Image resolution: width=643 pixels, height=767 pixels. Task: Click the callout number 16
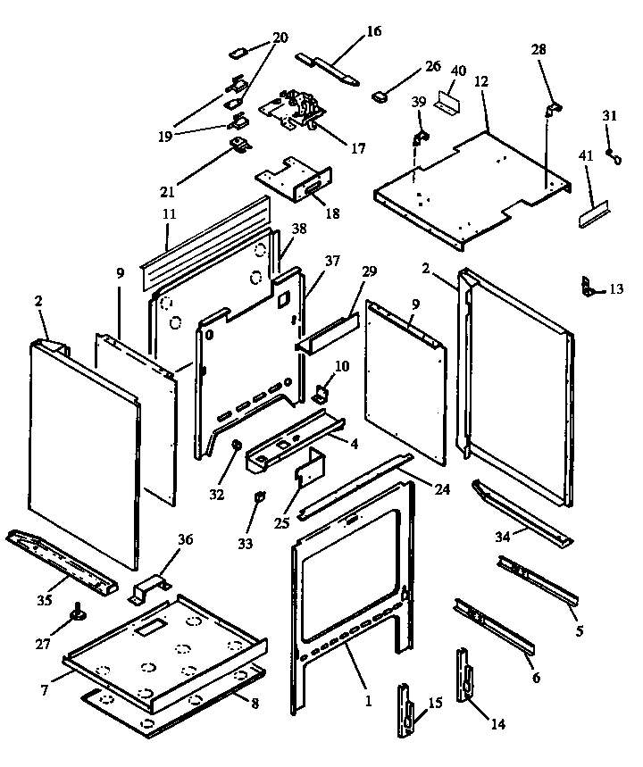point(372,32)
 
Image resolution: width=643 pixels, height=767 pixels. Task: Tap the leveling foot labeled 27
point(78,613)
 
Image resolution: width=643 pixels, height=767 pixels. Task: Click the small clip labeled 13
point(587,287)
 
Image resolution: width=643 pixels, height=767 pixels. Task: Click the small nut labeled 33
point(258,496)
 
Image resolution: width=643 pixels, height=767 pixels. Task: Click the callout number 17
point(357,148)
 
